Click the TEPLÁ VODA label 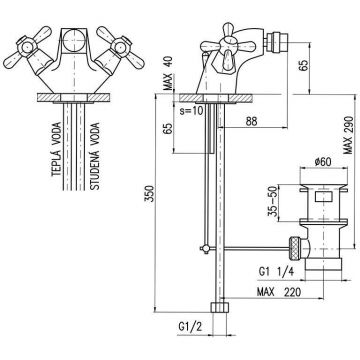[56, 149]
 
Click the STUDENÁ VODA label [95, 156]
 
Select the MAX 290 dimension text [349, 135]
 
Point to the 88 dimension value [251, 122]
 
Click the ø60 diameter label [322, 162]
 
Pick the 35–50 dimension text [272, 203]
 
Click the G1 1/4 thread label [276, 272]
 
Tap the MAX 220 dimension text [279, 292]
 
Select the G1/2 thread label [191, 326]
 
